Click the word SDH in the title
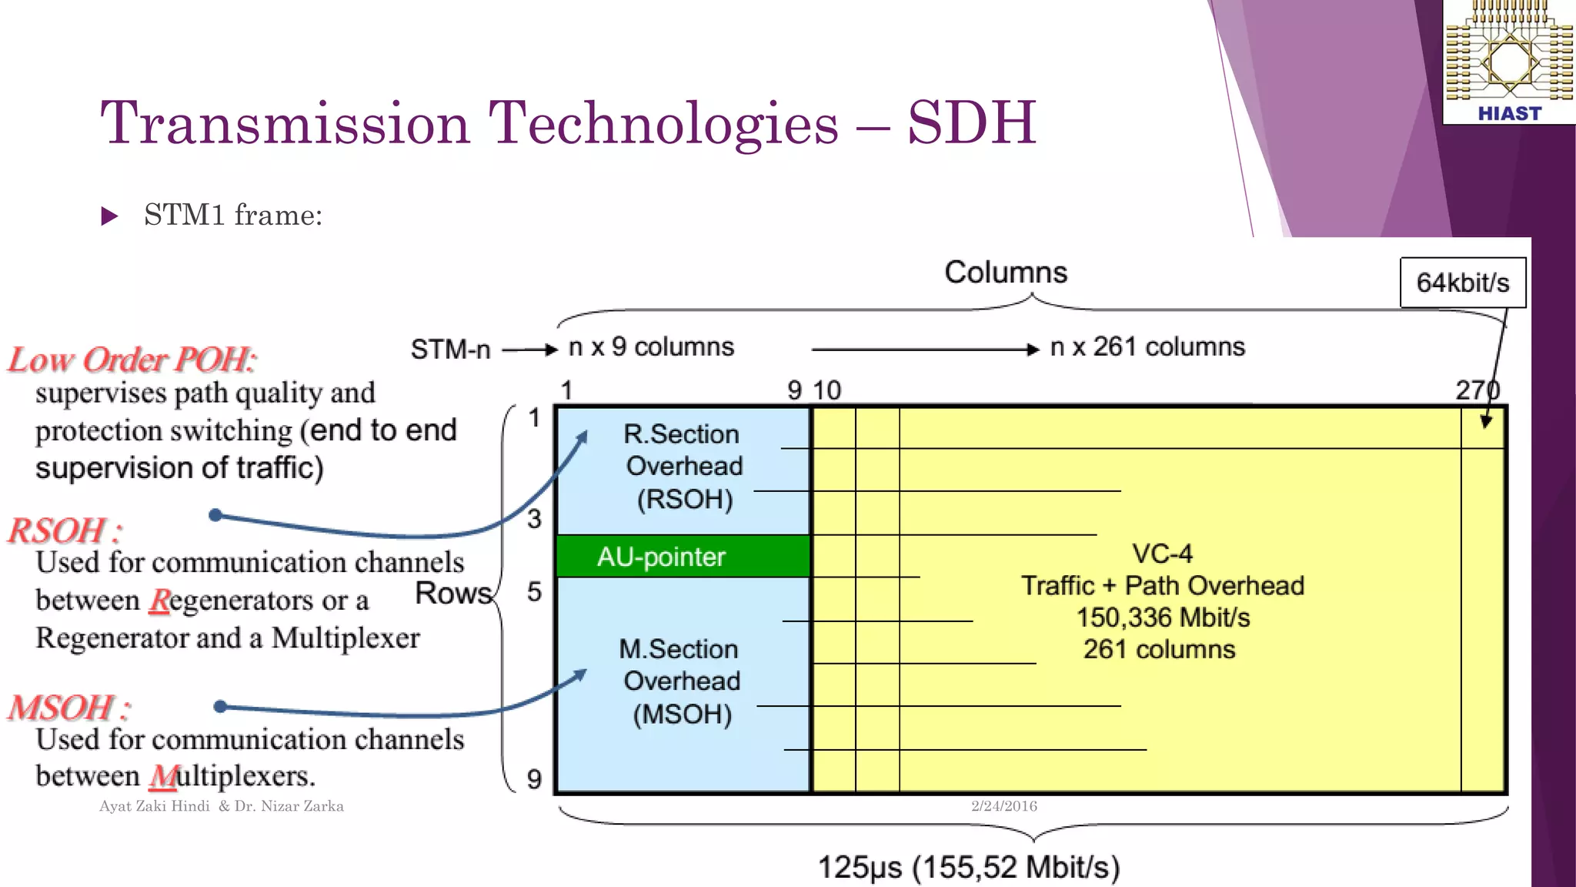point(971,123)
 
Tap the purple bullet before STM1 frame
point(109,216)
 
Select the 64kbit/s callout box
point(1462,283)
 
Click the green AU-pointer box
point(682,556)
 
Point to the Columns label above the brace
point(1005,273)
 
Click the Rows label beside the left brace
point(452,593)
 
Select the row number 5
point(534,591)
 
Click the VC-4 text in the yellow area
point(1162,553)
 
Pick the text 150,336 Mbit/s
point(1162,618)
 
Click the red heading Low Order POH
point(131,360)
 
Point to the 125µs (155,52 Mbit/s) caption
point(968,867)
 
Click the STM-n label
point(450,350)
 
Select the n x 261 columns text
point(1147,347)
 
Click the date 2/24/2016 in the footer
point(1003,806)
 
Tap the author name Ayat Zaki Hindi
point(154,806)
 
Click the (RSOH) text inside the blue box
point(684,499)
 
